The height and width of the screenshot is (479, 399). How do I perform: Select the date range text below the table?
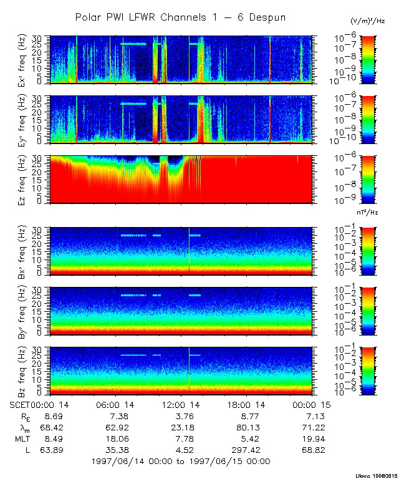pos(181,461)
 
